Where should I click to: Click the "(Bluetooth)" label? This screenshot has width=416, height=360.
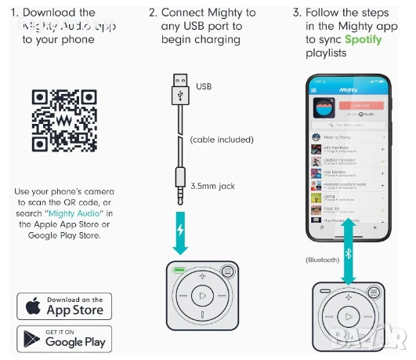[x=322, y=260]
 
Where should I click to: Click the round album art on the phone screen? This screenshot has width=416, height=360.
[x=323, y=111]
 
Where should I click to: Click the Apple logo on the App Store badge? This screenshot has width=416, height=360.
[x=33, y=306]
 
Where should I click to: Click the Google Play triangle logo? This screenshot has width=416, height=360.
[x=32, y=338]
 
